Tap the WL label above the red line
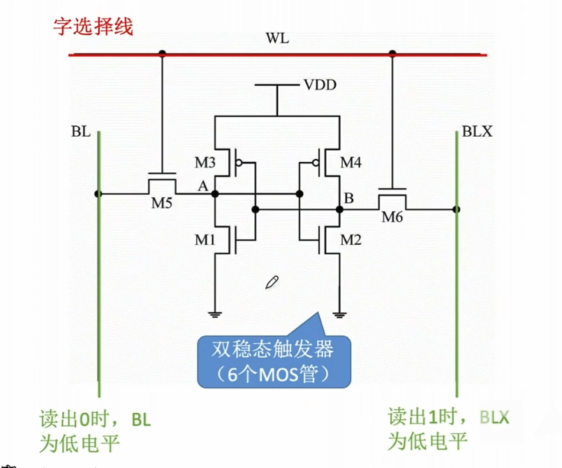click(x=277, y=38)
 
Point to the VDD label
click(x=320, y=85)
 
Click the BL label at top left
click(x=80, y=132)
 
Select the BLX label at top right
click(x=477, y=132)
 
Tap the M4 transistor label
click(x=351, y=163)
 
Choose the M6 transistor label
click(x=393, y=217)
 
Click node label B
click(x=348, y=199)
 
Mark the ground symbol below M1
click(x=216, y=314)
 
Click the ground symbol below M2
click(x=339, y=314)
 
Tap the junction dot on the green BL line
click(x=99, y=194)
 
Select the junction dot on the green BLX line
click(x=456, y=209)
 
